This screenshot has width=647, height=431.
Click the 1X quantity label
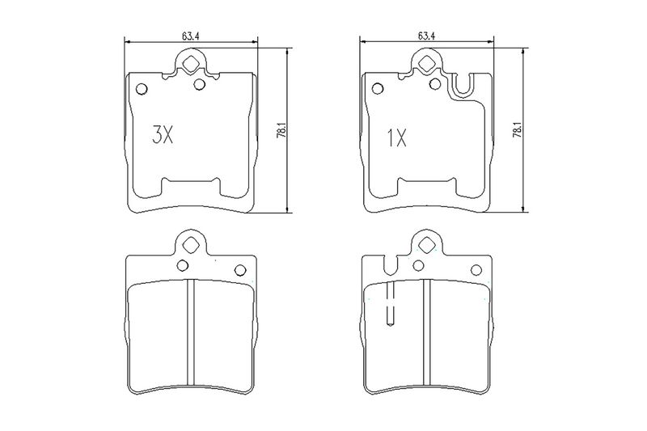click(396, 137)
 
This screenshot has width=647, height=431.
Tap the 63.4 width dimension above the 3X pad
click(190, 36)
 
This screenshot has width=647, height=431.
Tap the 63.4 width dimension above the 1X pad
click(426, 36)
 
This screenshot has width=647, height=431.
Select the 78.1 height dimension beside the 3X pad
click(281, 129)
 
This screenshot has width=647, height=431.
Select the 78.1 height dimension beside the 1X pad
click(518, 129)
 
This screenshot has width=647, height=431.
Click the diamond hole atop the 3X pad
click(191, 64)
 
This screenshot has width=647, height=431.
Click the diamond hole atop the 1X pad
click(426, 63)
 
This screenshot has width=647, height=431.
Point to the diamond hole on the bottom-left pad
click(191, 245)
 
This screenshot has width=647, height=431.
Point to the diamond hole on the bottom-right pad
click(426, 245)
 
